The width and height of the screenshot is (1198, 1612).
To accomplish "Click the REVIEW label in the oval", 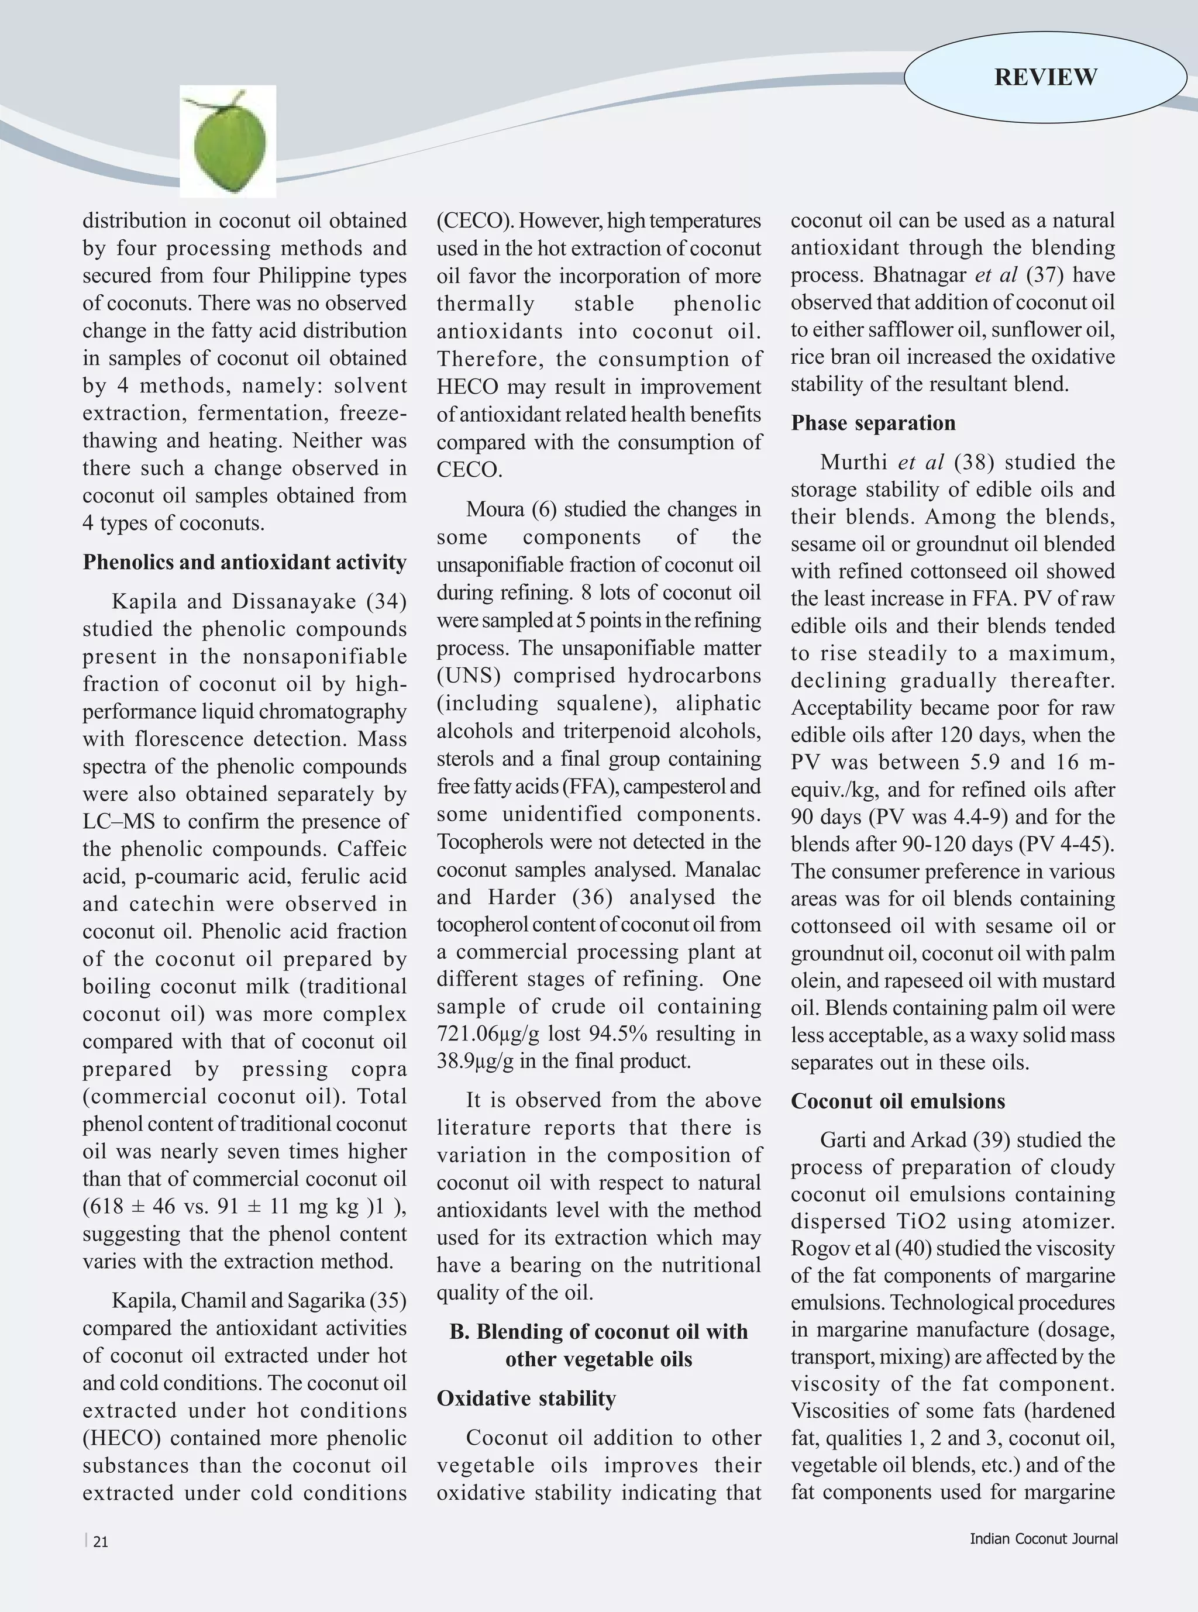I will (x=1045, y=77).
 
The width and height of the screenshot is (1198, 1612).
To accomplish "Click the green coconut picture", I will (x=228, y=142).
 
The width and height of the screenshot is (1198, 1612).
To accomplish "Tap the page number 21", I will (x=101, y=1542).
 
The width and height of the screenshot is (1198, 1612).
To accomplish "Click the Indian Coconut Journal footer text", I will (x=1044, y=1539).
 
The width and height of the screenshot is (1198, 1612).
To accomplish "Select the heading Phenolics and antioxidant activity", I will (x=245, y=562).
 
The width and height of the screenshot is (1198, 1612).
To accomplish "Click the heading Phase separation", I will (x=873, y=423).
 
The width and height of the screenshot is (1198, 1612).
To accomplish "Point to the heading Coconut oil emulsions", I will (x=898, y=1101).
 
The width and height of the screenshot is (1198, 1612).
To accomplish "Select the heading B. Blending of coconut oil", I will (x=598, y=1331).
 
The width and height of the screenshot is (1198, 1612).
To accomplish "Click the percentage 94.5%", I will (x=635, y=1034).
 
